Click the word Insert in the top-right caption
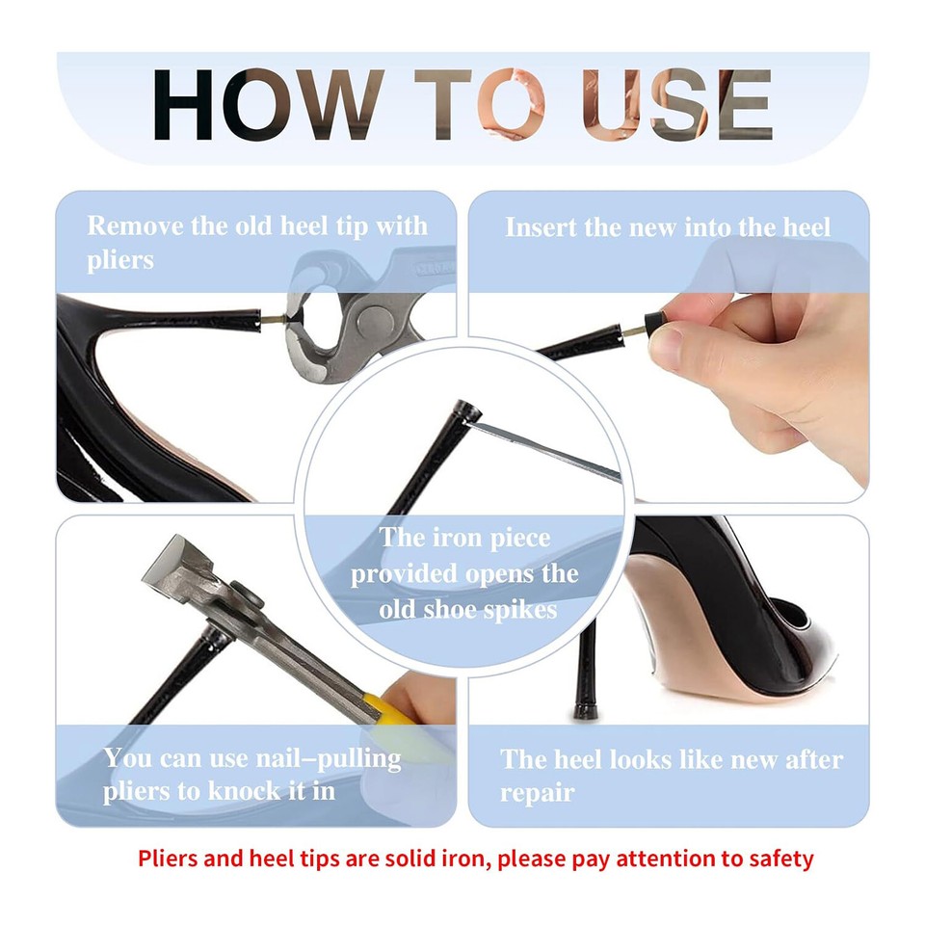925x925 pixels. click(x=542, y=228)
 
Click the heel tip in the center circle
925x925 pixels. click(x=468, y=411)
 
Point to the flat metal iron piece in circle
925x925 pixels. click(x=549, y=451)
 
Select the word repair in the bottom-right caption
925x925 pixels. click(x=537, y=793)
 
